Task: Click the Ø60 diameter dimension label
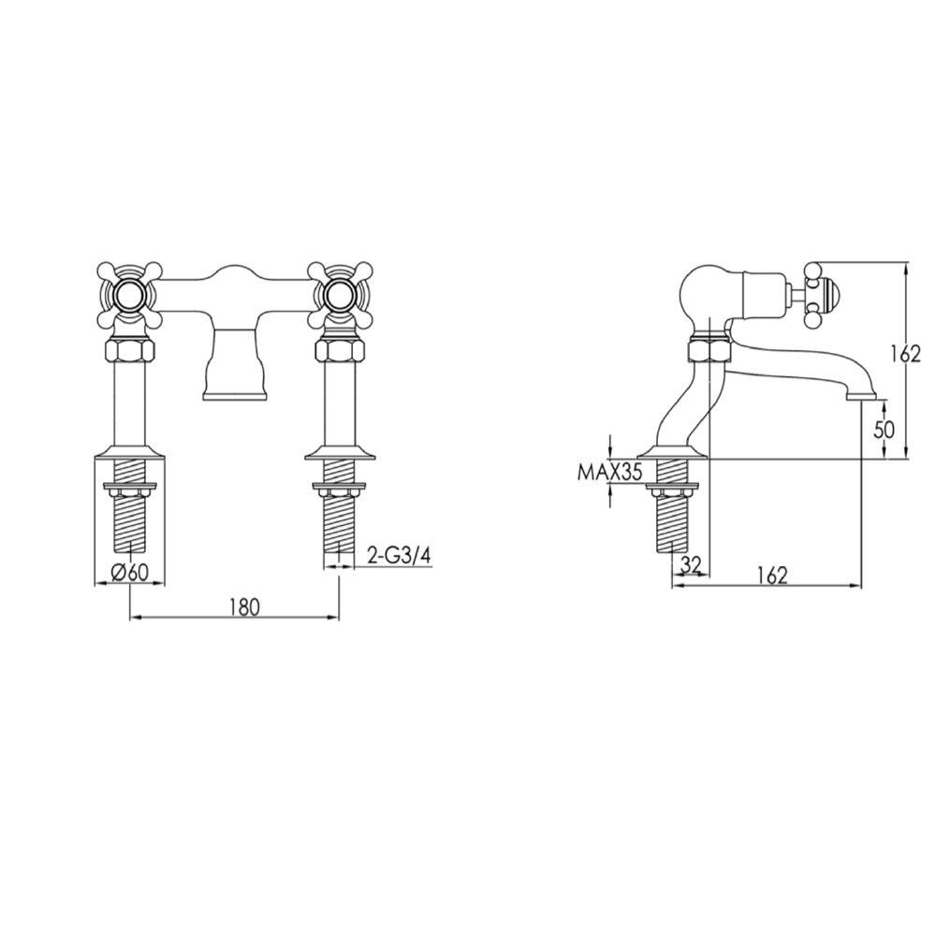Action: click(130, 574)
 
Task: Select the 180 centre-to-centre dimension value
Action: click(242, 606)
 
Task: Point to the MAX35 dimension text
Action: click(608, 473)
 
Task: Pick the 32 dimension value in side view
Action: click(692, 563)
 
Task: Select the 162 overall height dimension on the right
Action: click(907, 354)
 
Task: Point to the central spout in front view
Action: click(234, 365)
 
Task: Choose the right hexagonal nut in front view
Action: click(339, 353)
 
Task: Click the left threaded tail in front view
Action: click(130, 524)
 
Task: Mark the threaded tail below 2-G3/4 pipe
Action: click(339, 524)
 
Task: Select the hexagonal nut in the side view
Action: click(709, 351)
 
